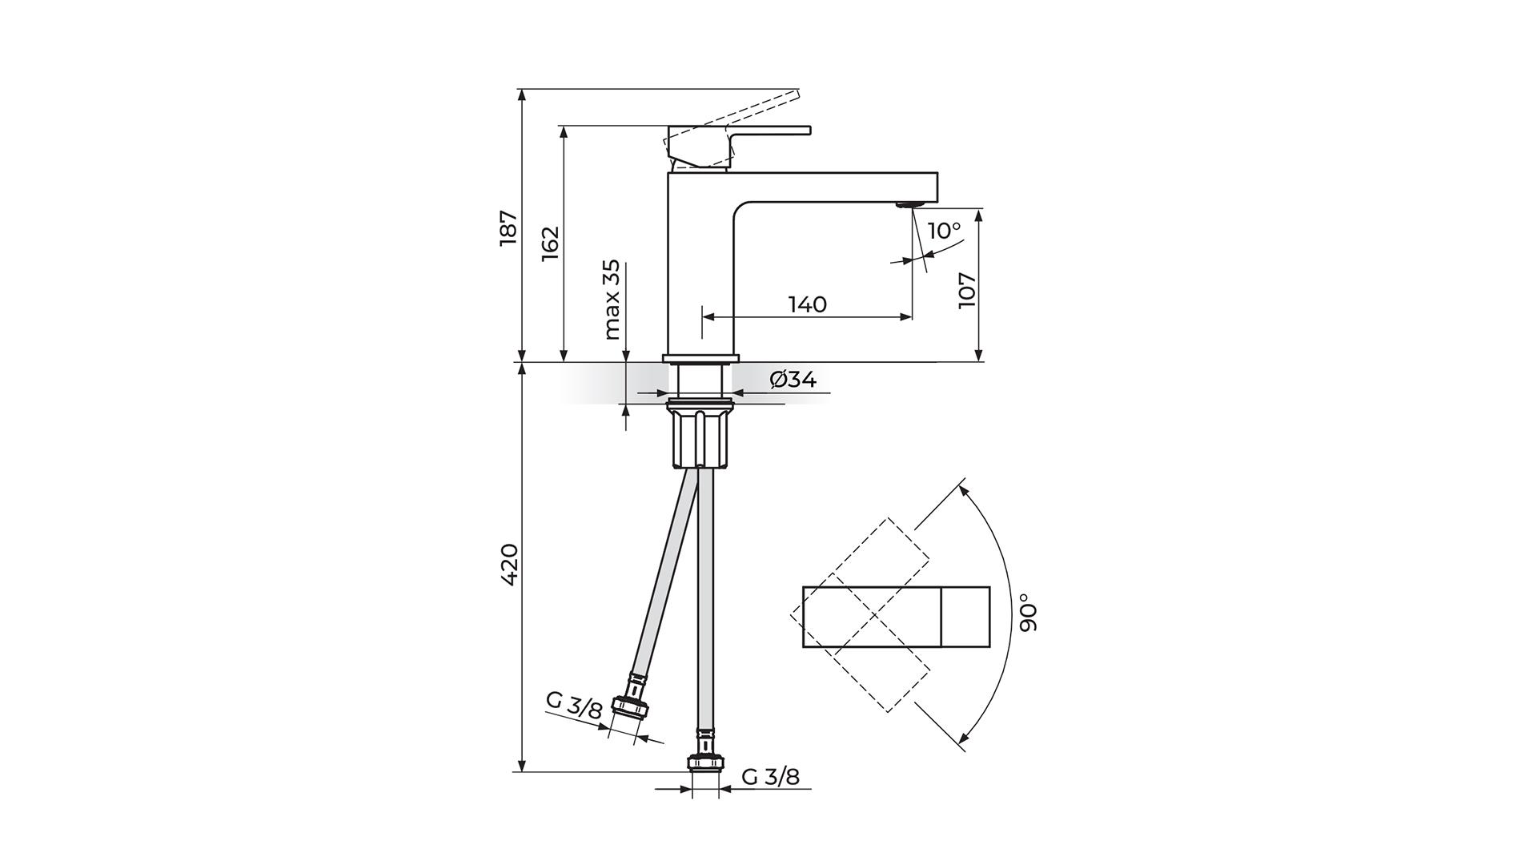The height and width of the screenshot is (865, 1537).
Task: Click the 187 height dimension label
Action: coord(509,228)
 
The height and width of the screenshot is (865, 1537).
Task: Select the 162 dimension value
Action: coord(550,243)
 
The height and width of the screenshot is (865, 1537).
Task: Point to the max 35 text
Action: coord(612,300)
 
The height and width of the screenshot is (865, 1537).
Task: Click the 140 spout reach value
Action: coord(807,304)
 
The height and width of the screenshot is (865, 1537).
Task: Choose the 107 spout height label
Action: coord(967,289)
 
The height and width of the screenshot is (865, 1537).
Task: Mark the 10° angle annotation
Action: coord(944,231)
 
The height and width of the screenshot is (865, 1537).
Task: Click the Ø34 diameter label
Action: coord(793,380)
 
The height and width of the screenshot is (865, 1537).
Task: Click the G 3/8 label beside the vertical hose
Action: coord(770,776)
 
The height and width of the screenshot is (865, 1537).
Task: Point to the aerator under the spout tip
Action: coord(909,204)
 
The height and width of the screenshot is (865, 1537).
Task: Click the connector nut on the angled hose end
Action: coord(629,709)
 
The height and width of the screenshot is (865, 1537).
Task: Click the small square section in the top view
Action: coord(965,617)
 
